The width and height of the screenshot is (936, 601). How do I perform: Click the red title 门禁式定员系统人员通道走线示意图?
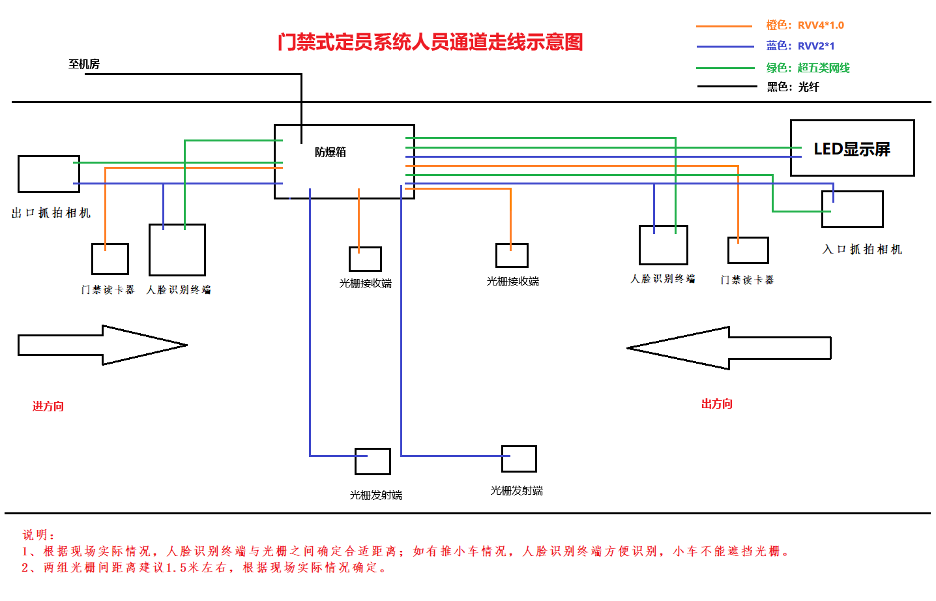tap(430, 42)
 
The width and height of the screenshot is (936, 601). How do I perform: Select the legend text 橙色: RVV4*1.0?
tap(804, 25)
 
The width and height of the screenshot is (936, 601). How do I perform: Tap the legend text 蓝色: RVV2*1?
tap(800, 46)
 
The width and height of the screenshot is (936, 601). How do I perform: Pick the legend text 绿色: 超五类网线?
tap(808, 68)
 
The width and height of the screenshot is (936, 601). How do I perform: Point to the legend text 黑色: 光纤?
tap(793, 87)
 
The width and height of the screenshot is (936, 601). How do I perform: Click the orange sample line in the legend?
tap(724, 26)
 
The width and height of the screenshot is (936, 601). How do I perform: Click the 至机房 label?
tap(83, 64)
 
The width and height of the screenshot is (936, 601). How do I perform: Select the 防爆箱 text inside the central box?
tap(330, 152)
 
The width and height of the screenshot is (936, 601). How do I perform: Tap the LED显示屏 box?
tap(852, 148)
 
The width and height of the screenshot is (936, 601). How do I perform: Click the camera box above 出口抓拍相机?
tap(48, 174)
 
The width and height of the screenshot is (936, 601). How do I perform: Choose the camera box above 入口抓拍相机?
tap(852, 209)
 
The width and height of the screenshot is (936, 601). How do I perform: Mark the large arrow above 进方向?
tap(102, 345)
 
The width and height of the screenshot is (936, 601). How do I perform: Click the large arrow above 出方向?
tap(729, 348)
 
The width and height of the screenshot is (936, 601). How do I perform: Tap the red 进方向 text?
tap(48, 406)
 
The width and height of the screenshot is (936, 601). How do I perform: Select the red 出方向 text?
tap(716, 404)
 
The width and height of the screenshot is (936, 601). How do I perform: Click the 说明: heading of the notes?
tap(39, 535)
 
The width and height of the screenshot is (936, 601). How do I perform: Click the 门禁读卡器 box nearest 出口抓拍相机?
tap(110, 259)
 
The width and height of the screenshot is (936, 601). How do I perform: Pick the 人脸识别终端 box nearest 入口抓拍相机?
tap(663, 245)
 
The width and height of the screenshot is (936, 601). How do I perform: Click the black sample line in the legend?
tap(727, 86)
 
